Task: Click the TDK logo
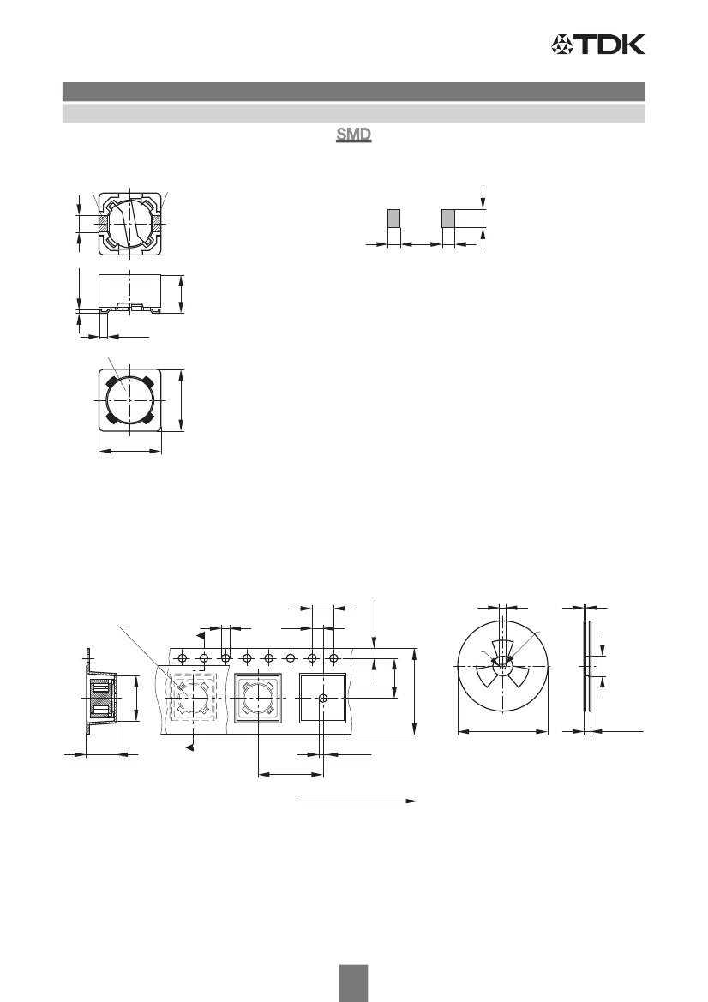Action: [598, 44]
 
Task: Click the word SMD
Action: [354, 135]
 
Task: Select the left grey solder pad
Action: [394, 218]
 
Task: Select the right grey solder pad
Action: [448, 218]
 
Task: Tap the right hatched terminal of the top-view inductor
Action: [157, 224]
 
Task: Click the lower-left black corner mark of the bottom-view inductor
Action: [111, 418]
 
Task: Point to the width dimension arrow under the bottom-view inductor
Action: [129, 451]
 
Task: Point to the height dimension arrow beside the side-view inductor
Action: [182, 294]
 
